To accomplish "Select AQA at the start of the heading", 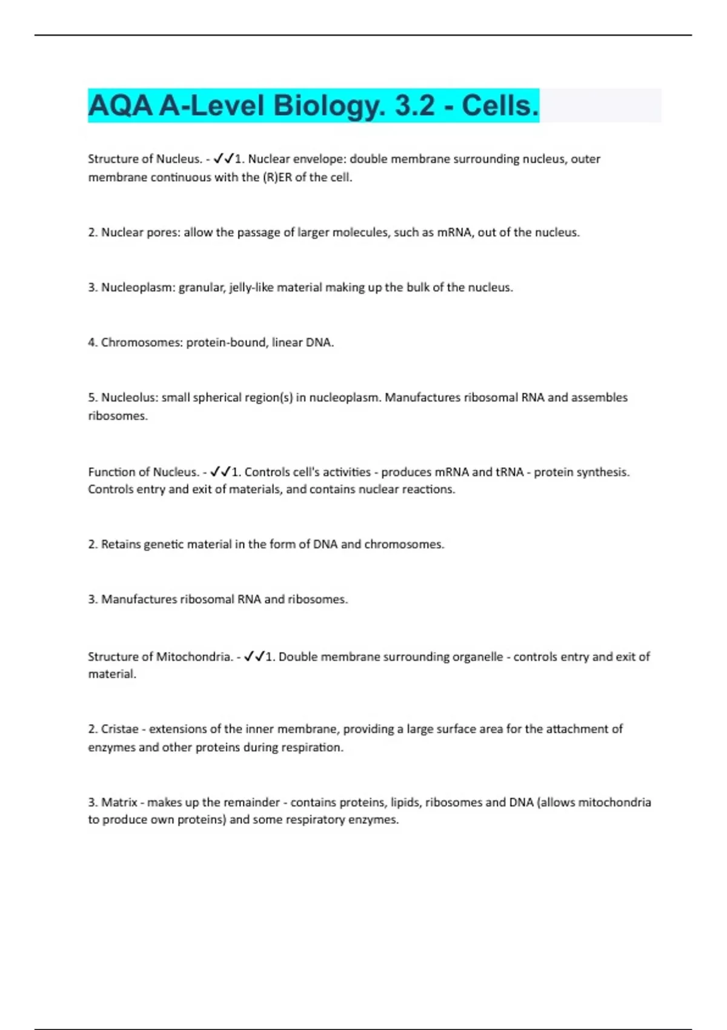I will (x=120, y=106).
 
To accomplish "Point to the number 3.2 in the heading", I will (x=414, y=106).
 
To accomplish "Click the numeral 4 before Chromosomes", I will (x=91, y=343).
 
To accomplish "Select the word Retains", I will (x=121, y=545).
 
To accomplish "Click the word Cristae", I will (x=119, y=729).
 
